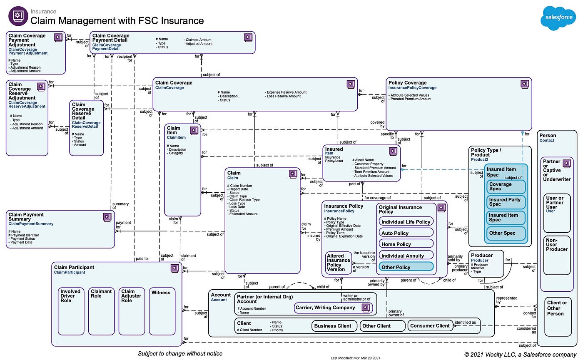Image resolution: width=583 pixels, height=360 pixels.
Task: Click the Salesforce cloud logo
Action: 558,18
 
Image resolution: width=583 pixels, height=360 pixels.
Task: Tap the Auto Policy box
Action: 406,233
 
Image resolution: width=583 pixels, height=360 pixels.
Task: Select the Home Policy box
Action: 406,244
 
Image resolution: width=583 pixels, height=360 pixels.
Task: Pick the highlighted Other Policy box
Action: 406,267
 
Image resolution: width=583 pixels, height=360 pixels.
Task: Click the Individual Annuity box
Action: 406,256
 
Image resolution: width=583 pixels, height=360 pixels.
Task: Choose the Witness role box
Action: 162,311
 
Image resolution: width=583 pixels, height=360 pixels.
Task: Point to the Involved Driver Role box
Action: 71,311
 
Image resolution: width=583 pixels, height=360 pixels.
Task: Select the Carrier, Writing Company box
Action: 332,308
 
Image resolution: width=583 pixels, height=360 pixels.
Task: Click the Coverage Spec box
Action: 506,186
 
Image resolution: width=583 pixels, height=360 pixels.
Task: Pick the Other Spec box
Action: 506,233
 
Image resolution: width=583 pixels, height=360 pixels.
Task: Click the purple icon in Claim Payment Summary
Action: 107,217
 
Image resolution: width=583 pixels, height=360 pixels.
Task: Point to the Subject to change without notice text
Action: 180,353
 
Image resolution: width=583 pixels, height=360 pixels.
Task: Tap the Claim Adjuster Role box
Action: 132,311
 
